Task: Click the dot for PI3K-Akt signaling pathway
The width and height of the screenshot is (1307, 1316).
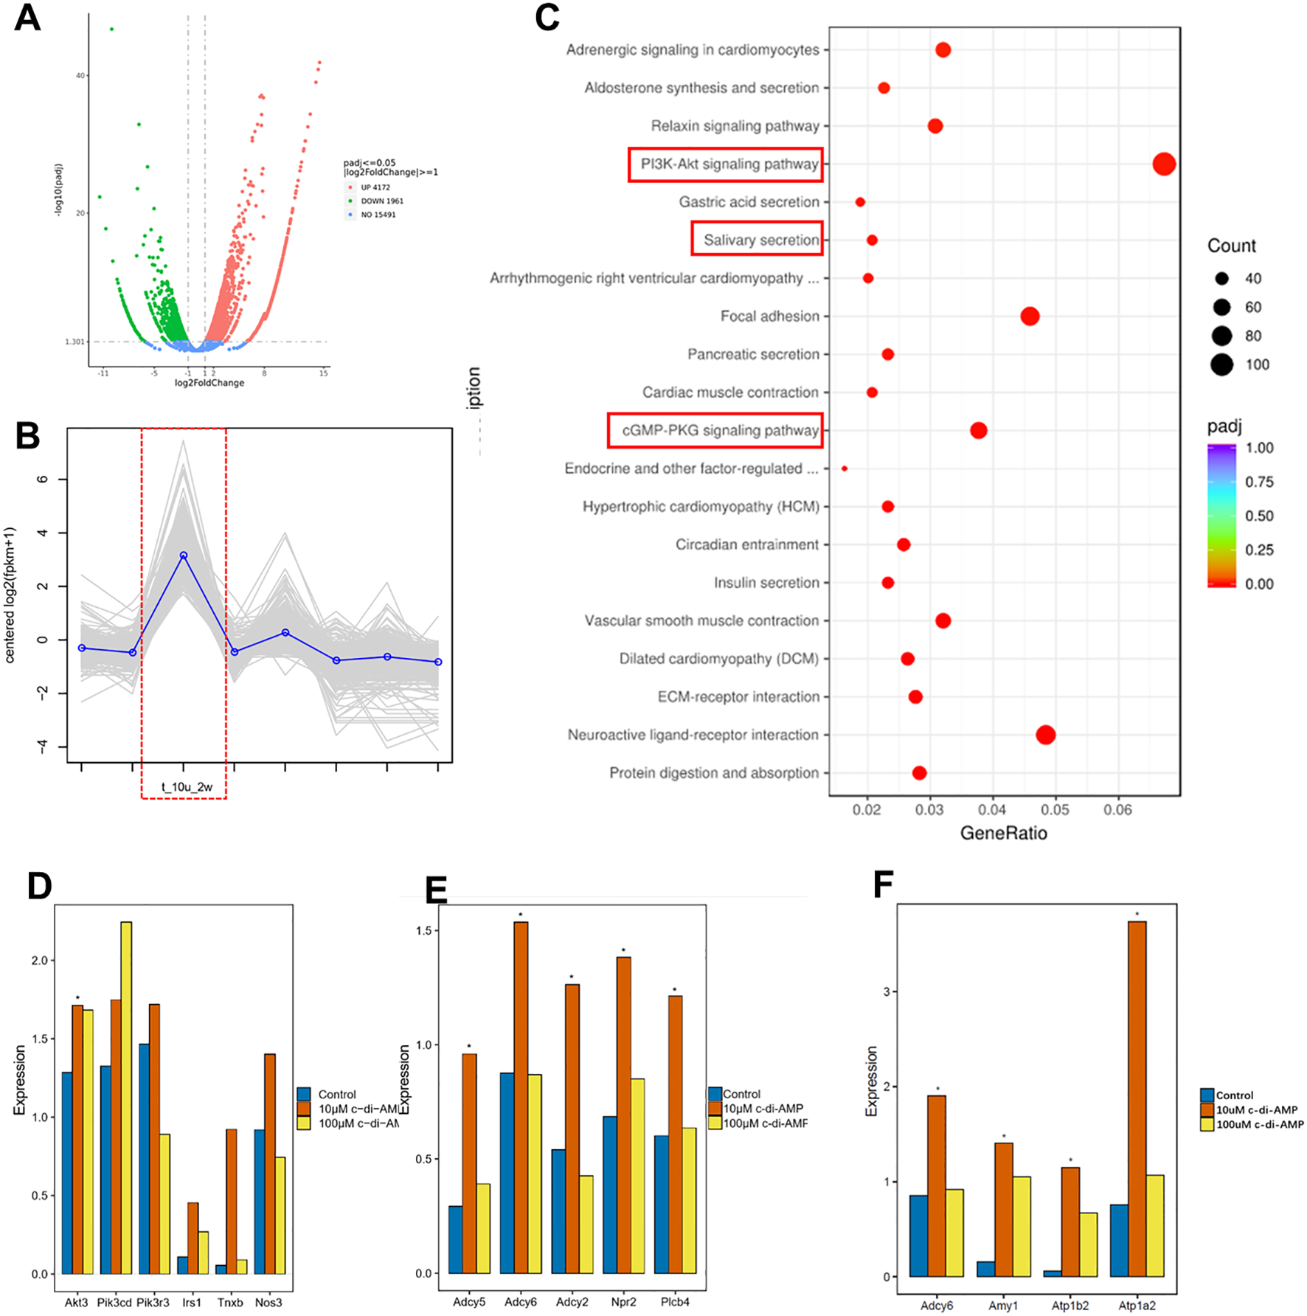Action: [x=1163, y=164]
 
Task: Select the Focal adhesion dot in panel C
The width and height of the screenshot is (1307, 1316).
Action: [x=1030, y=316]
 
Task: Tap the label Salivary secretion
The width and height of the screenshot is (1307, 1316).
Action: [x=760, y=240]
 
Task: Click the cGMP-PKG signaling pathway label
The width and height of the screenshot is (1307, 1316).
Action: [x=720, y=430]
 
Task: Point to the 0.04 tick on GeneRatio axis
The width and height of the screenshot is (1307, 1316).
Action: [x=992, y=810]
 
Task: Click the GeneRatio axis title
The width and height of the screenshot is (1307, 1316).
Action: [x=1003, y=833]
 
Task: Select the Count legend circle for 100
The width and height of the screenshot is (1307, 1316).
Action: [x=1221, y=364]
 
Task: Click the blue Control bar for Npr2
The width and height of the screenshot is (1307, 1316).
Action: [x=609, y=1195]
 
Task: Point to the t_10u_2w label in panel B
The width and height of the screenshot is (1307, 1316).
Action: [x=187, y=787]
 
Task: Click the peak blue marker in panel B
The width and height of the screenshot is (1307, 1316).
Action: [x=184, y=555]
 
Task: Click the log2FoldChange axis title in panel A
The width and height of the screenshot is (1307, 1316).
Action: [x=209, y=383]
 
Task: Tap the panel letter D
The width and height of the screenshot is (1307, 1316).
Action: [x=39, y=886]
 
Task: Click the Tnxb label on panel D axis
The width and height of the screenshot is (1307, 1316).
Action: [x=230, y=1303]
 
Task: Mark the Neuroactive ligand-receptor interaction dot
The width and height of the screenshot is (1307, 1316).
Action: [x=1045, y=735]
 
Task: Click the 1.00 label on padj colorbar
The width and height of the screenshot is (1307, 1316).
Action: [x=1259, y=448]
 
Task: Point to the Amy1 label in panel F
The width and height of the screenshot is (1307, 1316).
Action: [x=1003, y=1306]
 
